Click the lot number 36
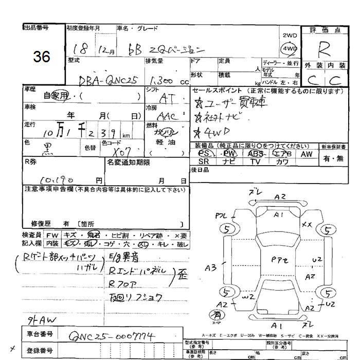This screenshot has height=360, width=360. (x=41, y=57)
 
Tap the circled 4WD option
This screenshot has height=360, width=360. (x=290, y=49)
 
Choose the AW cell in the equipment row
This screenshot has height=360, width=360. (x=307, y=153)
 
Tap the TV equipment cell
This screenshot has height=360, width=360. (x=255, y=161)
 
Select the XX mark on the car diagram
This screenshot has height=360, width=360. (x=307, y=224)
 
